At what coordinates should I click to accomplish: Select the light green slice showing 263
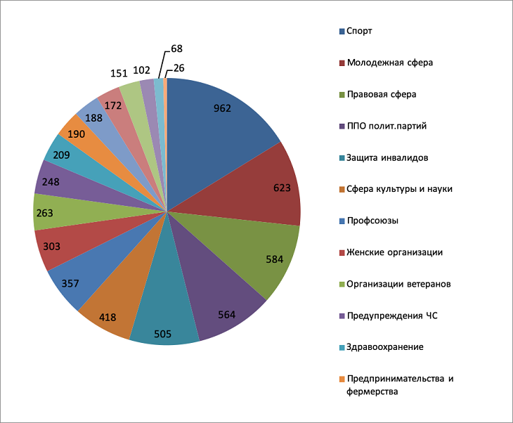tap(53, 212)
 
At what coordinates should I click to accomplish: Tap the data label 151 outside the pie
tap(118, 73)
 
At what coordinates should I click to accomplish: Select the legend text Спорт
tap(359, 31)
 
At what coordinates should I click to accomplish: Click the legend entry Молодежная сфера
tap(389, 63)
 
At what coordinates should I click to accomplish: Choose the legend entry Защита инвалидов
tap(387, 157)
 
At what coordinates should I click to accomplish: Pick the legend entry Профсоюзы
tap(372, 221)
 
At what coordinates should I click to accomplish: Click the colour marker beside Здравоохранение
tap(342, 347)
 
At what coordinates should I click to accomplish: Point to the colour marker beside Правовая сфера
tap(342, 94)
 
